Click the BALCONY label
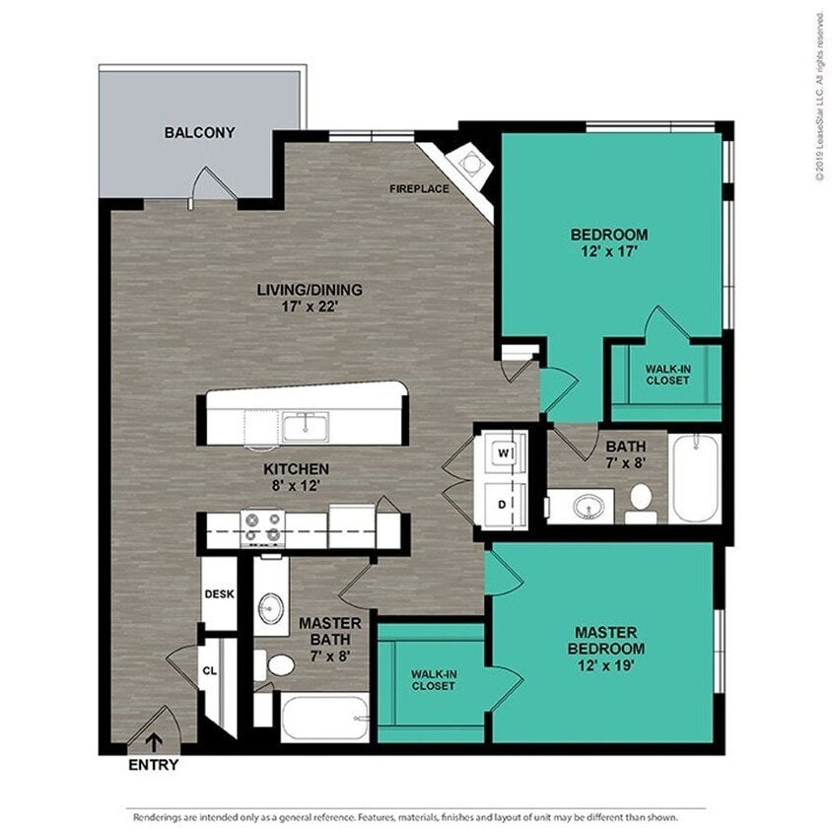[199, 132]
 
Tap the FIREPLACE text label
[419, 188]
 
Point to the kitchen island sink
[306, 427]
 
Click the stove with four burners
[262, 527]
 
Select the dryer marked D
[502, 504]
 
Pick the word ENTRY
[154, 766]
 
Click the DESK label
[218, 594]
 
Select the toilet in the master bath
[280, 665]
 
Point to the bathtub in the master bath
[324, 718]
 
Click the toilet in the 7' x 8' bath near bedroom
[641, 499]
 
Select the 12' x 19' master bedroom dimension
[605, 666]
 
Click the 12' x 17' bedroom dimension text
[609, 251]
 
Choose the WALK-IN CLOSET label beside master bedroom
[434, 679]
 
